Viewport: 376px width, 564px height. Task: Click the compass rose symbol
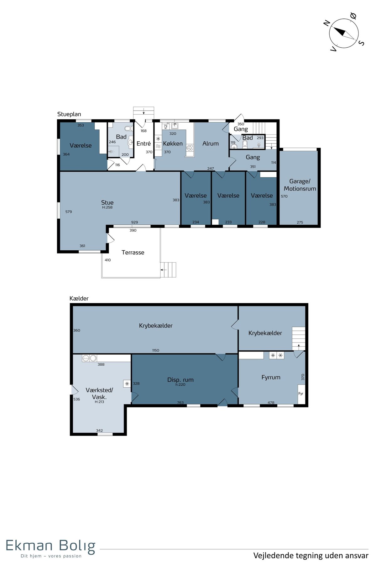pyautogui.click(x=344, y=33)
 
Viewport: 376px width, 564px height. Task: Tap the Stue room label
pyautogui.click(x=107, y=202)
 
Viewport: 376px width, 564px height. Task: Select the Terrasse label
pyautogui.click(x=133, y=253)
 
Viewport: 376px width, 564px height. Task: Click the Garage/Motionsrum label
pyautogui.click(x=300, y=185)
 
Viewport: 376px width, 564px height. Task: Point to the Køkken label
pyautogui.click(x=173, y=144)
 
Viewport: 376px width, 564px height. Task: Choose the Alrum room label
pyautogui.click(x=211, y=144)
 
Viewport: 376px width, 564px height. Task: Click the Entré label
pyautogui.click(x=144, y=144)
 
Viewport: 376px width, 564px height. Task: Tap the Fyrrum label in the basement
pyautogui.click(x=271, y=378)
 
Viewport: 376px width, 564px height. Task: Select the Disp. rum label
pyautogui.click(x=180, y=380)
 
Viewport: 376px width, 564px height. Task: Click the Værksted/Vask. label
pyautogui.click(x=99, y=394)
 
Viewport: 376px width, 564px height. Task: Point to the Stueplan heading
pyautogui.click(x=69, y=114)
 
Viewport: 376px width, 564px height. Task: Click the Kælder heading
pyautogui.click(x=79, y=299)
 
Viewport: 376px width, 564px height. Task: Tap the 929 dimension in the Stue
pyautogui.click(x=134, y=222)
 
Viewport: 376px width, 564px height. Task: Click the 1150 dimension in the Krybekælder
pyautogui.click(x=156, y=350)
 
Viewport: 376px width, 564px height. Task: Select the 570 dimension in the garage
pyautogui.click(x=284, y=196)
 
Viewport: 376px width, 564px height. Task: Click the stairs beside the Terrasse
pyautogui.click(x=168, y=270)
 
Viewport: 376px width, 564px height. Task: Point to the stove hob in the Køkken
pyautogui.click(x=190, y=148)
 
